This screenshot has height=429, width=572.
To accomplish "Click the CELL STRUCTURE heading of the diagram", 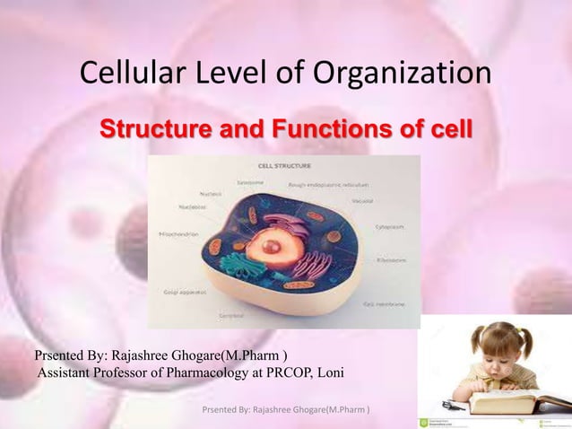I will pos(285,166).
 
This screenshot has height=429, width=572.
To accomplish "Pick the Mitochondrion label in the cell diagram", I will pos(176,231).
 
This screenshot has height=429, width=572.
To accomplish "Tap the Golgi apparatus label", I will pos(185,293).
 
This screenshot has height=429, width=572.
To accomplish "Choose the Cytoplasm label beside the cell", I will pos(389,227).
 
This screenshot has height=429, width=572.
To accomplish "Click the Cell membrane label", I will pos(385,304).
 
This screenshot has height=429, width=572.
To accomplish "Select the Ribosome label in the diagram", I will pos(391,259).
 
